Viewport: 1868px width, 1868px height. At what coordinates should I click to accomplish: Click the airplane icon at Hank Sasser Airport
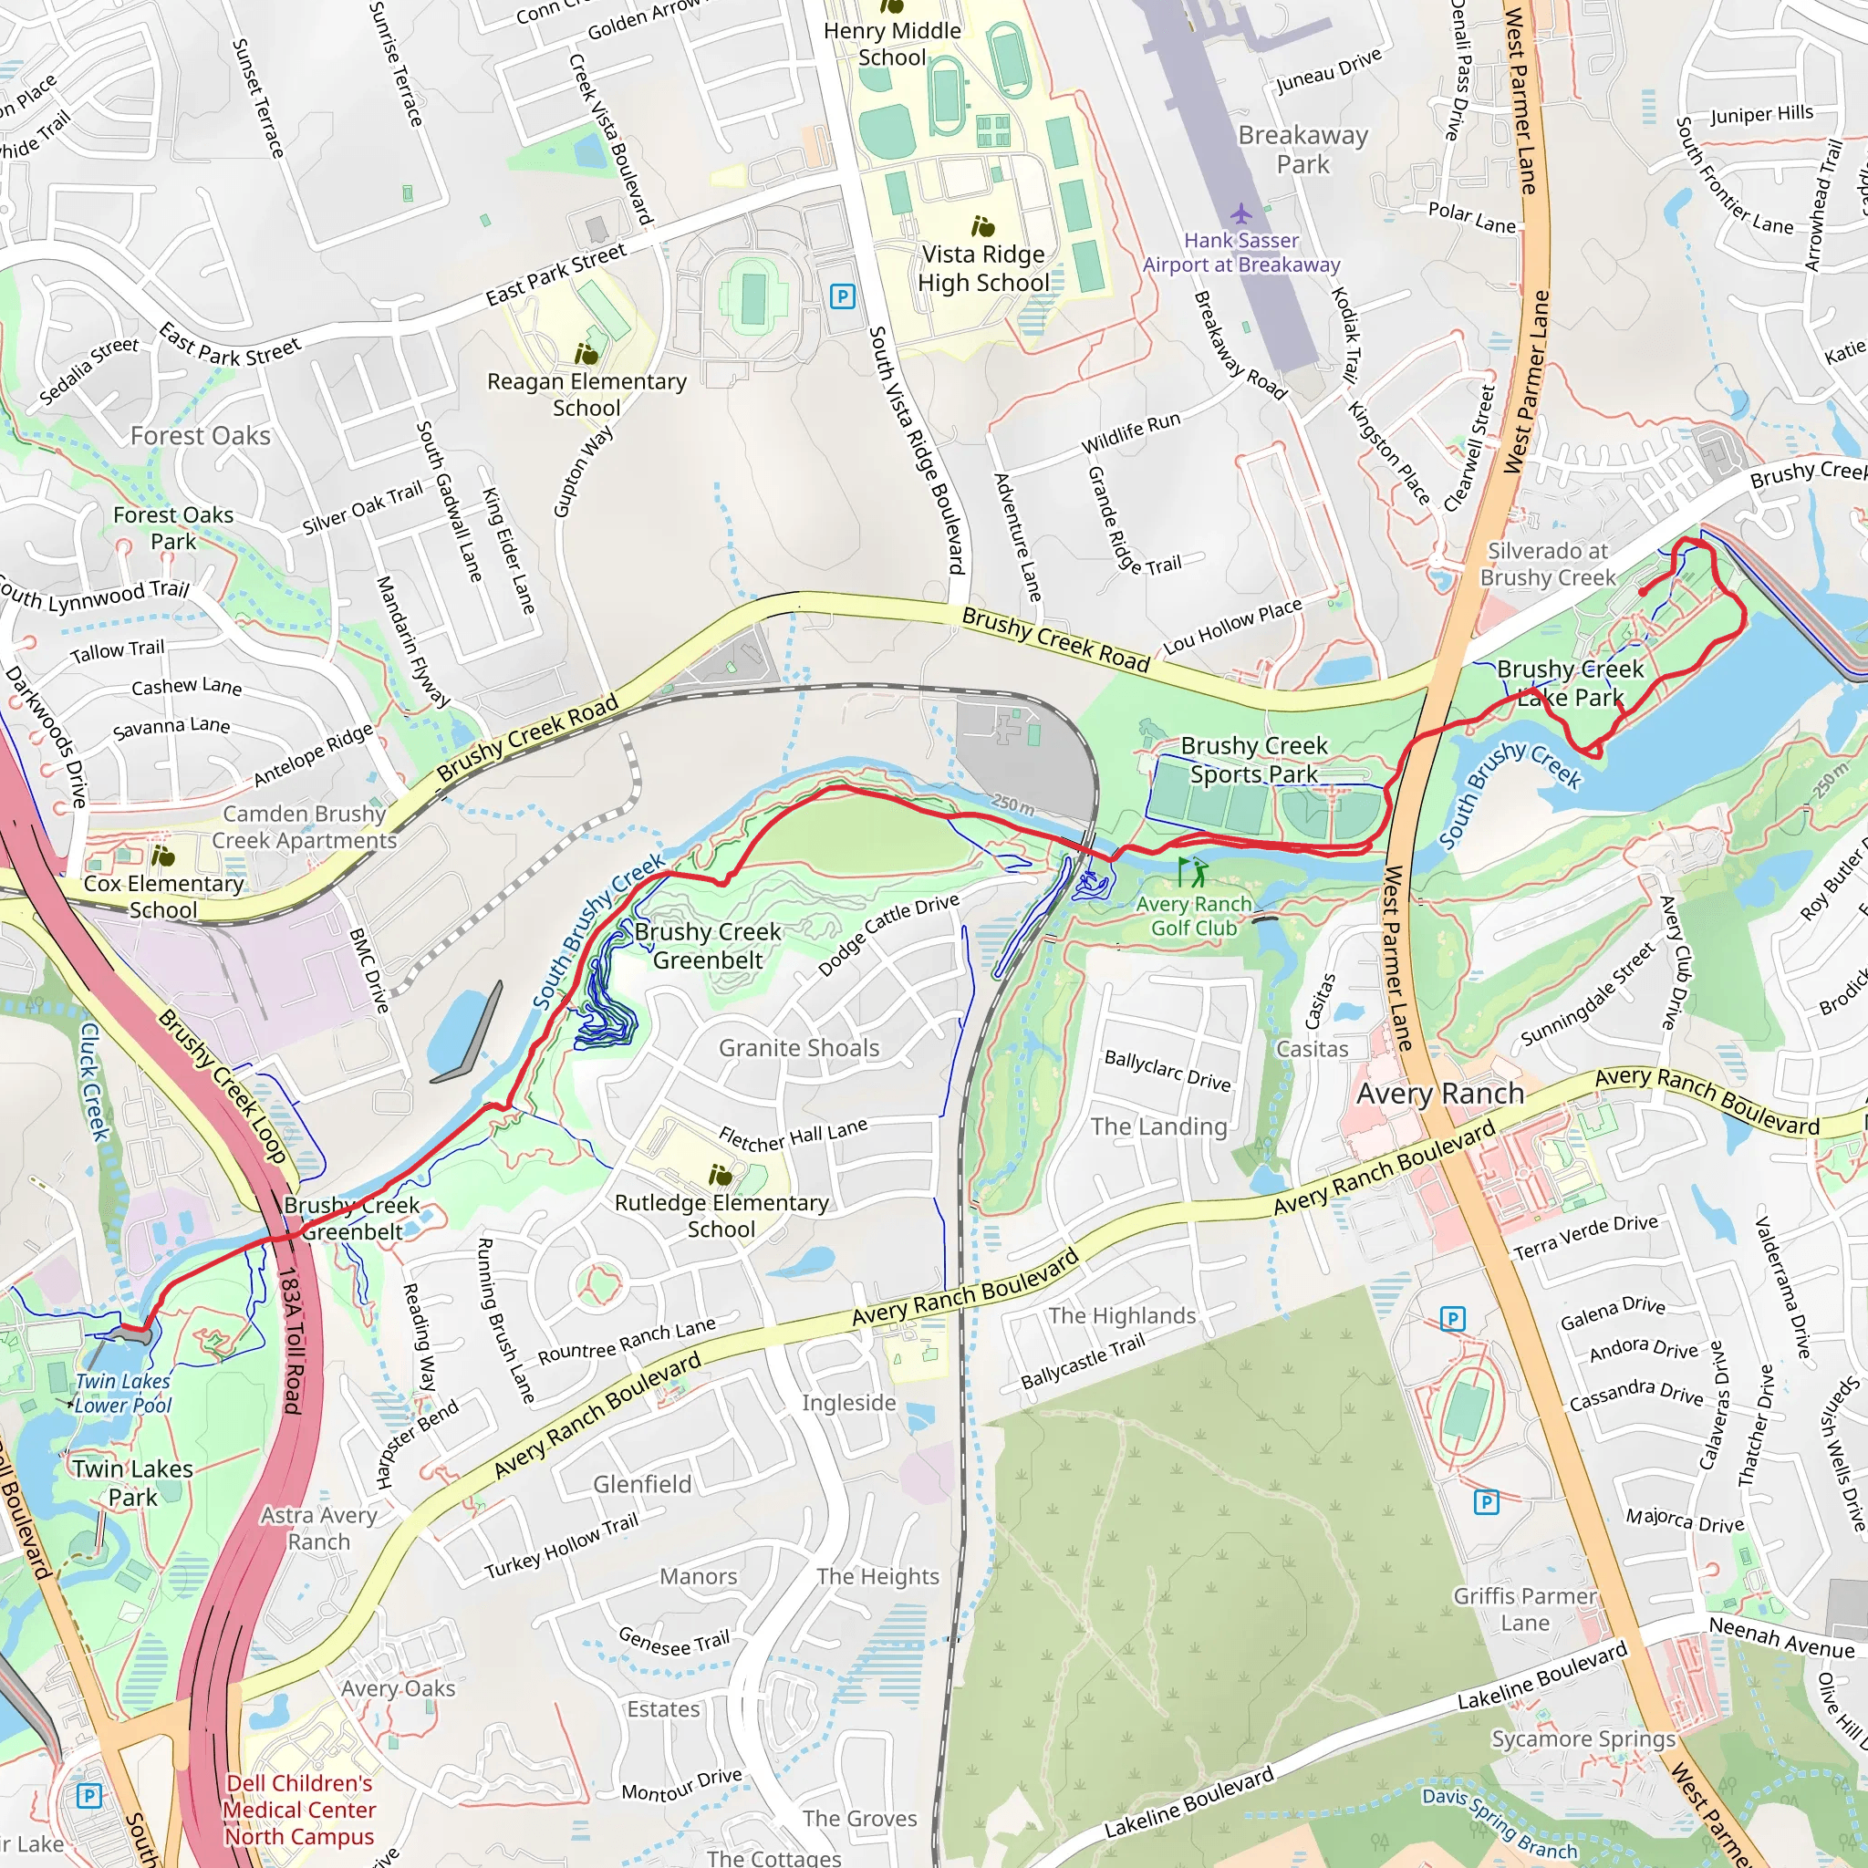point(1240,213)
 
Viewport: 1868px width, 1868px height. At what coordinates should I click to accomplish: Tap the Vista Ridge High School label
point(982,269)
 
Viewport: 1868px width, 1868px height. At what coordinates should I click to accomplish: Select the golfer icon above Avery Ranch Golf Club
point(1192,872)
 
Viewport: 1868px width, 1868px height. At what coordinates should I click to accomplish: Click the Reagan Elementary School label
point(586,394)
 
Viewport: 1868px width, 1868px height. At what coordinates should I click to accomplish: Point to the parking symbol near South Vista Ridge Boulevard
point(842,296)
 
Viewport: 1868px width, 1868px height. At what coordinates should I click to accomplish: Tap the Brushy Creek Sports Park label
point(1254,760)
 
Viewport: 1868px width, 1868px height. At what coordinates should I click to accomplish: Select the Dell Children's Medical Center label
point(299,1809)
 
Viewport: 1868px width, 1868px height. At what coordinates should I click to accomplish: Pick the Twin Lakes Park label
point(132,1482)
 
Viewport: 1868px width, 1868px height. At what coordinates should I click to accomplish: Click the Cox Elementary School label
point(163,897)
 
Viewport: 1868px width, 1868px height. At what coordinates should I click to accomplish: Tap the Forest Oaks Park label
point(173,528)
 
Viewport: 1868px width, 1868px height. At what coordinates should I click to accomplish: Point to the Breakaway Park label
point(1302,150)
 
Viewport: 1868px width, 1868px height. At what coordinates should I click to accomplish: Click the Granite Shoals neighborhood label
point(799,1048)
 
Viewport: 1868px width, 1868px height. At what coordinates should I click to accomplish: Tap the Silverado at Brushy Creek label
point(1547,564)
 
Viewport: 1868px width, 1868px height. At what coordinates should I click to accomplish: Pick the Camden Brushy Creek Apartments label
point(305,827)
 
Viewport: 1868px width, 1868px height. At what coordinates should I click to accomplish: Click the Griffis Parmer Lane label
point(1525,1609)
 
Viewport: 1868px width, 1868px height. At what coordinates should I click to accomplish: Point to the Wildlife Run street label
point(1130,433)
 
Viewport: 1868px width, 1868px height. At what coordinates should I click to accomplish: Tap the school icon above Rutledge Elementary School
point(721,1176)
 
